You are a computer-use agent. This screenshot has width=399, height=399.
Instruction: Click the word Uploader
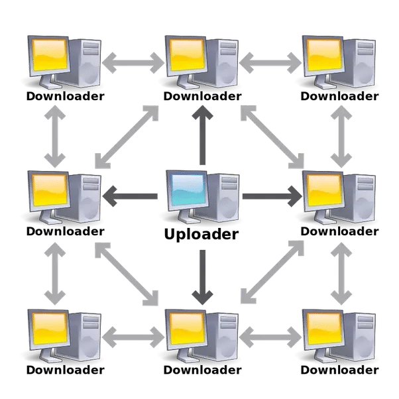[x=201, y=234]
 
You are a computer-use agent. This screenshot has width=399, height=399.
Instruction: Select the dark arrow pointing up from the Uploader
[x=202, y=135]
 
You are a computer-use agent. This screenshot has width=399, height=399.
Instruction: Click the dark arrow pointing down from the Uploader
[x=202, y=277]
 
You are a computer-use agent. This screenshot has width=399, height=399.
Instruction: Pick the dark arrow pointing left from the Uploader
[x=130, y=196]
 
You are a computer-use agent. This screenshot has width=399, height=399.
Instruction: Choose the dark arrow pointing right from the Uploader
[x=272, y=196]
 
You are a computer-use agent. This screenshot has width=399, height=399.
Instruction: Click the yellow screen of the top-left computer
[x=50, y=55]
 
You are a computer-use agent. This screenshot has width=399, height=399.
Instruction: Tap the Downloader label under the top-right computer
[x=339, y=97]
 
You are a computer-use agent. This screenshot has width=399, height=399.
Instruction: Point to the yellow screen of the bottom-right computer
[x=325, y=328]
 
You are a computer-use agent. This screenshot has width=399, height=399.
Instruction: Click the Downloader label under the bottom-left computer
[x=66, y=370]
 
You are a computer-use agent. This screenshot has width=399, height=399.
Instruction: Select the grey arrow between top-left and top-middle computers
[x=133, y=63]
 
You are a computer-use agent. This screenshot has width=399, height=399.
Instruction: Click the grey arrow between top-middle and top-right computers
[x=270, y=63]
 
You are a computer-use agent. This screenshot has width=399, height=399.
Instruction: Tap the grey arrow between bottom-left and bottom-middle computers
[x=133, y=337]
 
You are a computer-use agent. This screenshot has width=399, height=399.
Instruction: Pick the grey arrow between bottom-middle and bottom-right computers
[x=270, y=337]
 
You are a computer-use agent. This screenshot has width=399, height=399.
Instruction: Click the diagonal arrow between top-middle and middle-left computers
[x=127, y=137]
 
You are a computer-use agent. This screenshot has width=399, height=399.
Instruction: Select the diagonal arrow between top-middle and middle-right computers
[x=272, y=137]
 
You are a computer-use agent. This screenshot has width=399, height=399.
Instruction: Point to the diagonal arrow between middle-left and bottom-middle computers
[x=127, y=274]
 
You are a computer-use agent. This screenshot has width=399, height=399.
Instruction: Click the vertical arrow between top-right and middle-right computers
[x=341, y=137]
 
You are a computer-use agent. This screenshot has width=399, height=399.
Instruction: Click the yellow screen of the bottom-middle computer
[x=188, y=328]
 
